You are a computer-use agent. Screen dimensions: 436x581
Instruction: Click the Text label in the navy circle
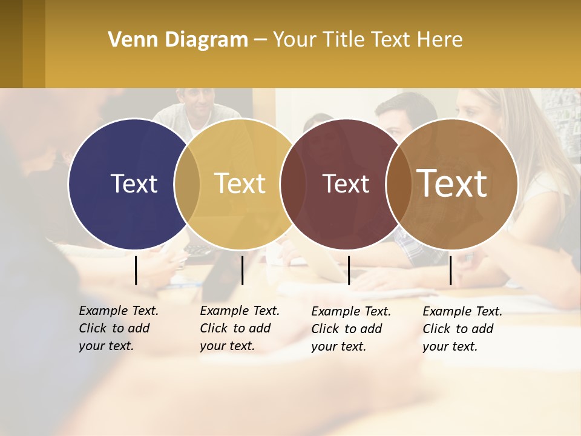[x=134, y=183]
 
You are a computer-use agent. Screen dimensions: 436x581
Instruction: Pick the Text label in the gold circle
[x=240, y=183]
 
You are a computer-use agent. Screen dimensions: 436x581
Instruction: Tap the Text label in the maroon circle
[x=346, y=183]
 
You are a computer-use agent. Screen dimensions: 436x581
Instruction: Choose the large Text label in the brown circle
[x=452, y=183]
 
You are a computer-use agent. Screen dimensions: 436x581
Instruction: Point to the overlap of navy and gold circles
[x=187, y=184]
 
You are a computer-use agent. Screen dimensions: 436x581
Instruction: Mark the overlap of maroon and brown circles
[x=399, y=184]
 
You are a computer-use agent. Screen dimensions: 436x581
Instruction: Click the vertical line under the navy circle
[x=136, y=270]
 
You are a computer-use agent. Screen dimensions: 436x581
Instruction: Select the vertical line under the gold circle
[x=242, y=270]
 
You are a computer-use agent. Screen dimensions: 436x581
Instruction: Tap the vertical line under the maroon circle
[x=349, y=270]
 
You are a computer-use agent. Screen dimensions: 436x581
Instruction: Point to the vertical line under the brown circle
[x=451, y=270]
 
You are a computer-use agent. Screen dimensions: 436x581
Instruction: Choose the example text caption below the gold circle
[x=239, y=328]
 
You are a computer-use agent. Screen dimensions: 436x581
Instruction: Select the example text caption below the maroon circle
[x=350, y=329]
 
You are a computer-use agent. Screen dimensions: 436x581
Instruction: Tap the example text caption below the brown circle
[x=462, y=329]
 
